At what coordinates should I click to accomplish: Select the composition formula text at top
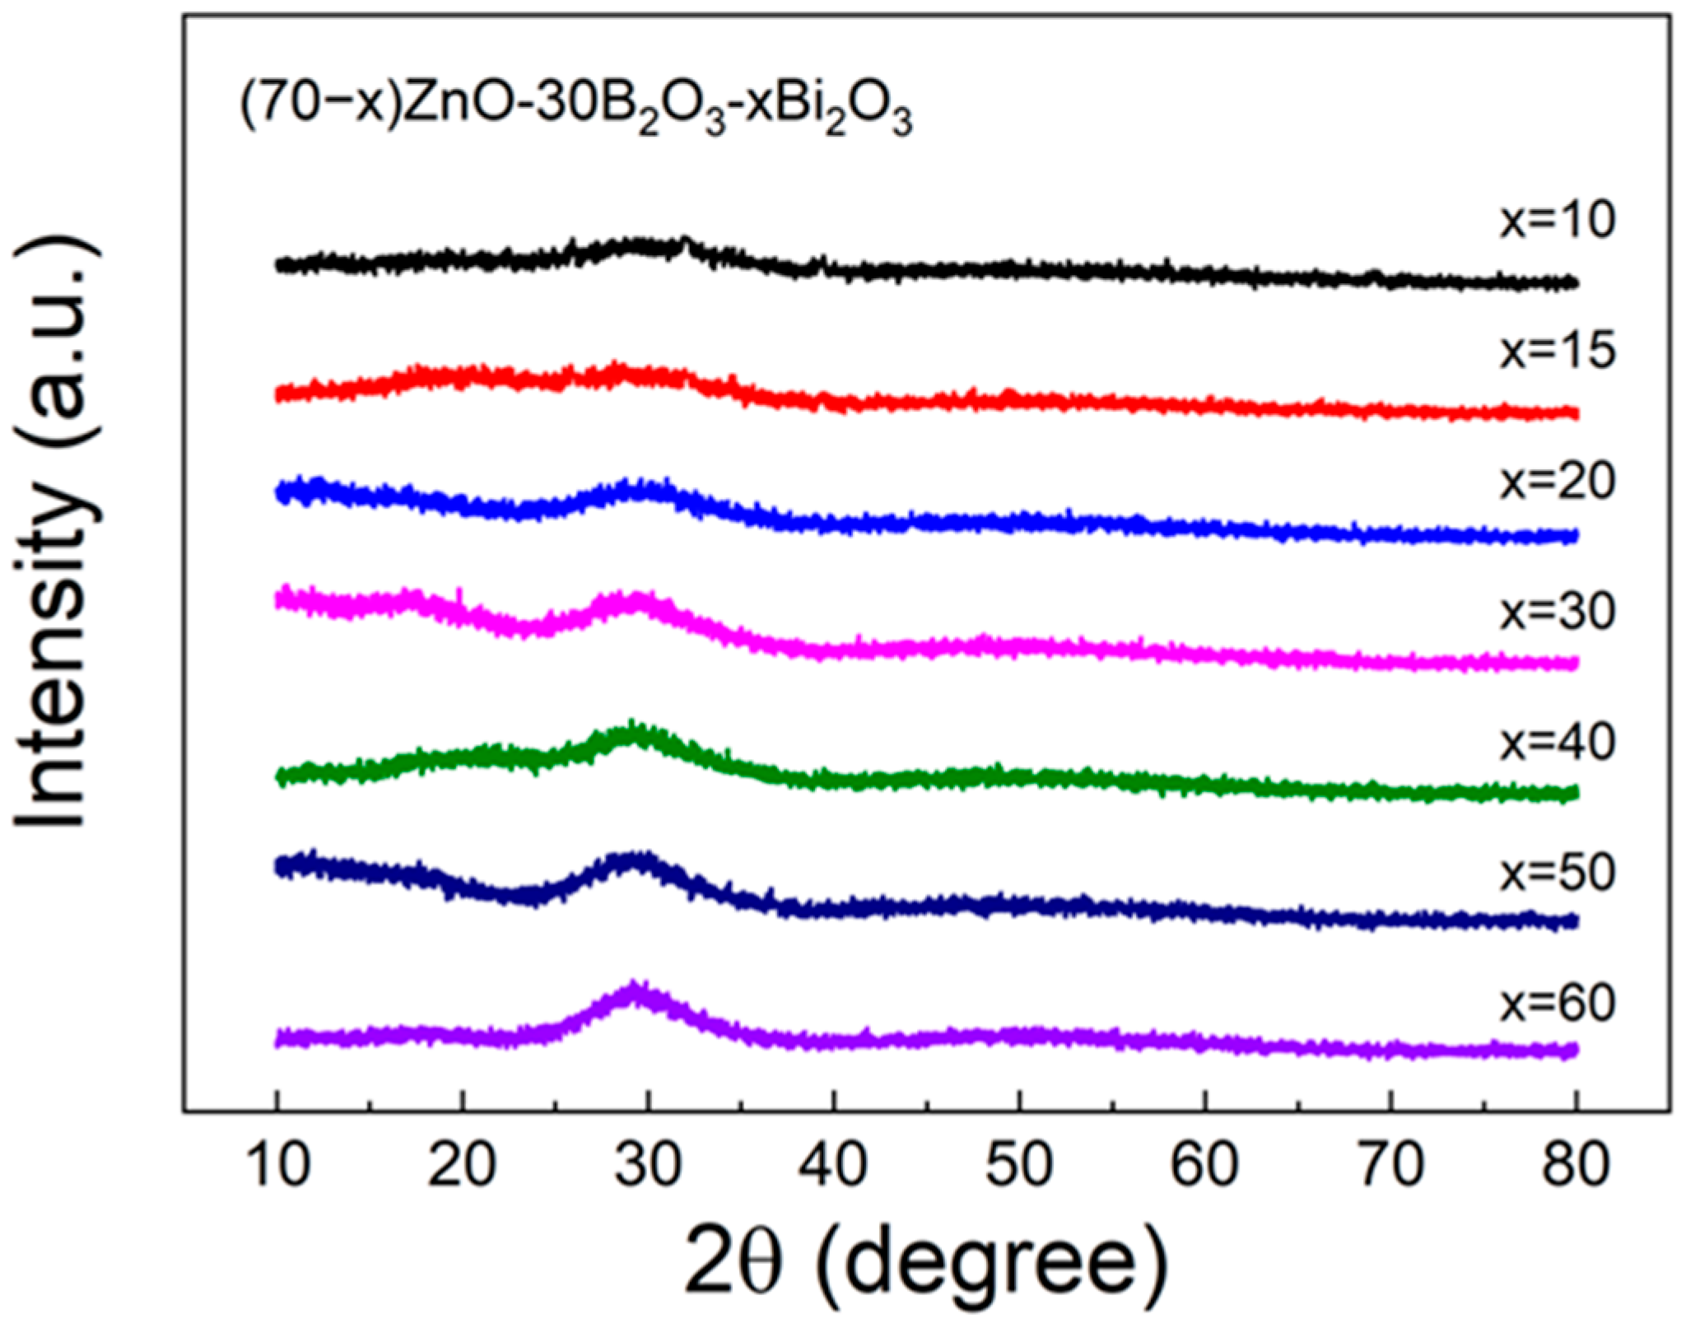[575, 113]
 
